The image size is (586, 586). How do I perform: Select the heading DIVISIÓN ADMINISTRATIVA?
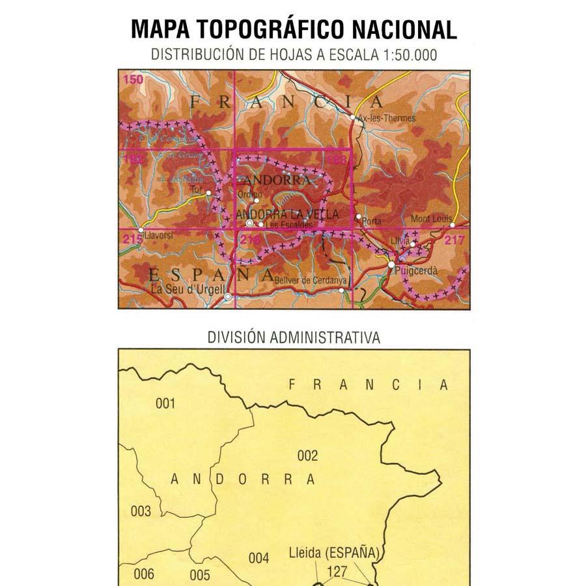tap(294, 337)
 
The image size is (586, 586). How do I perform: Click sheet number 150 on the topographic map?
tap(133, 79)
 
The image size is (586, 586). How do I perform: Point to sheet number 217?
tap(454, 240)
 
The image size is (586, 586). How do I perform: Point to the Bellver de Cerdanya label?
tap(312, 281)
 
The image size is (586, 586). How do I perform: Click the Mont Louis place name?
tap(432, 219)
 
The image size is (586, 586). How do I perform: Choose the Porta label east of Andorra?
tap(372, 221)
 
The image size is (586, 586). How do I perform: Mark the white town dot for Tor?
tap(208, 193)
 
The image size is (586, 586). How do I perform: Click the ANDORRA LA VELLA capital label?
tap(287, 214)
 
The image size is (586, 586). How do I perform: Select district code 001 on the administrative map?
tap(165, 404)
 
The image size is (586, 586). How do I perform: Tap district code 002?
tap(307, 456)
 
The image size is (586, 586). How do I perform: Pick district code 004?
tap(258, 558)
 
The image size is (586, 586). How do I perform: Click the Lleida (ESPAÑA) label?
tap(333, 554)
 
